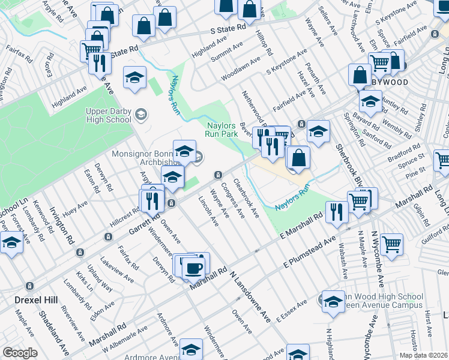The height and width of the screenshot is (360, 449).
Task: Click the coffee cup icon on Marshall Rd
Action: click(x=193, y=268)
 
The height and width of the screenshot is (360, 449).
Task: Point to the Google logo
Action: click(x=20, y=353)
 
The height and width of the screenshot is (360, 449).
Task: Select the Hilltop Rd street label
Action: click(x=264, y=42)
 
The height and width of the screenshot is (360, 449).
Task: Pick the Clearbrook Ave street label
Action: click(x=246, y=197)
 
